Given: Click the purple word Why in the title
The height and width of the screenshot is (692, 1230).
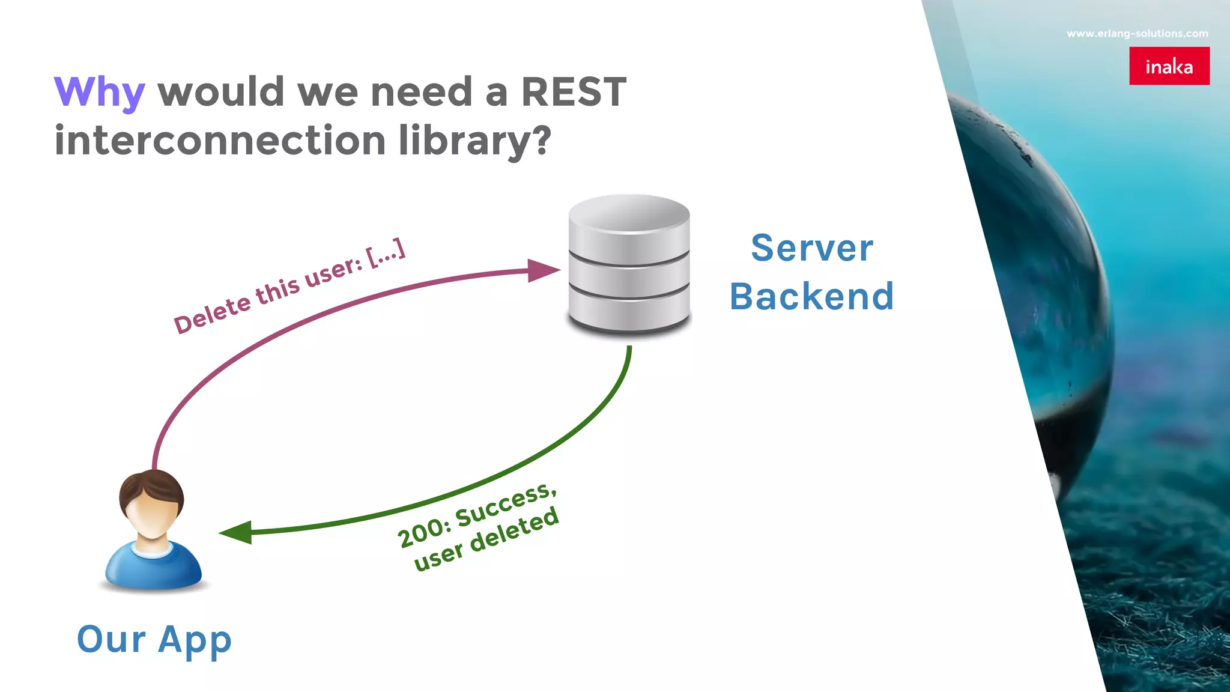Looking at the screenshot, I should click(99, 93).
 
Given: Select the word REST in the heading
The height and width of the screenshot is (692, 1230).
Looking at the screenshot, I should click(573, 93).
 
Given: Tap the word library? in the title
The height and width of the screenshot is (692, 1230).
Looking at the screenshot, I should click(474, 141).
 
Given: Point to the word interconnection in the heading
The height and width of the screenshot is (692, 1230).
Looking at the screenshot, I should click(220, 141).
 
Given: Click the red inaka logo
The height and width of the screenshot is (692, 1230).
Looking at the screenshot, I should click(1169, 66).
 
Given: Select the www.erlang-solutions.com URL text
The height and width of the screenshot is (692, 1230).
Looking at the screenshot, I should click(1137, 34).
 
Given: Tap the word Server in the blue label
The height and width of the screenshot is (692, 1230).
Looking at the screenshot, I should click(812, 248).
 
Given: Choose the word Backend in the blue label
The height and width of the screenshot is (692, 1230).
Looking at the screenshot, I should click(812, 297).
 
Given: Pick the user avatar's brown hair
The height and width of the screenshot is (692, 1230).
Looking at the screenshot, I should click(151, 484).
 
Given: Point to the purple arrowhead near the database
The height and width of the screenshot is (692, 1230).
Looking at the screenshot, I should click(542, 270).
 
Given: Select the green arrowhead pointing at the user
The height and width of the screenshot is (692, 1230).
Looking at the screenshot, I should click(237, 532).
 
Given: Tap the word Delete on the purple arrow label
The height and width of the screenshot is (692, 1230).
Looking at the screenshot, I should click(213, 314).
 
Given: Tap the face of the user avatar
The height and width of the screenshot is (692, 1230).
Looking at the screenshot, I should click(151, 516).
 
